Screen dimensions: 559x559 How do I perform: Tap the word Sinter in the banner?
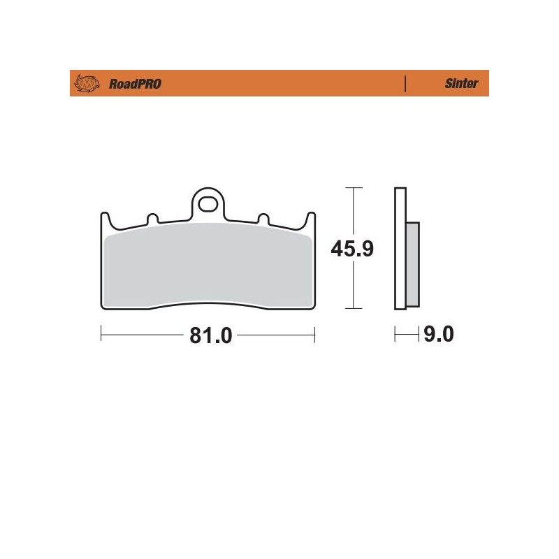pos(461,84)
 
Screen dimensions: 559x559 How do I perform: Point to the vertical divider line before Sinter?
pos(405,84)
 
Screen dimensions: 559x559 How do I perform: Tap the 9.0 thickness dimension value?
pos(438,336)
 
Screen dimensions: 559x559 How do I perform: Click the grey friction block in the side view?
pos(412,264)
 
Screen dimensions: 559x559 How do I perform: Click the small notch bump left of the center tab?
pos(151,219)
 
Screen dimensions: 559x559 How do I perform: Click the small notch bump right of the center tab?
pos(263,219)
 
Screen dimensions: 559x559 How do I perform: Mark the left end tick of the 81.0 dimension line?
pos(102,336)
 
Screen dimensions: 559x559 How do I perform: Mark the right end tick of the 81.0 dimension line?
pos(315,336)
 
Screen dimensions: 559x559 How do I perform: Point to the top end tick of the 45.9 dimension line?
pos(355,188)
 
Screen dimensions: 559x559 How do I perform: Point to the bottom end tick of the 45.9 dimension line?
pos(355,308)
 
